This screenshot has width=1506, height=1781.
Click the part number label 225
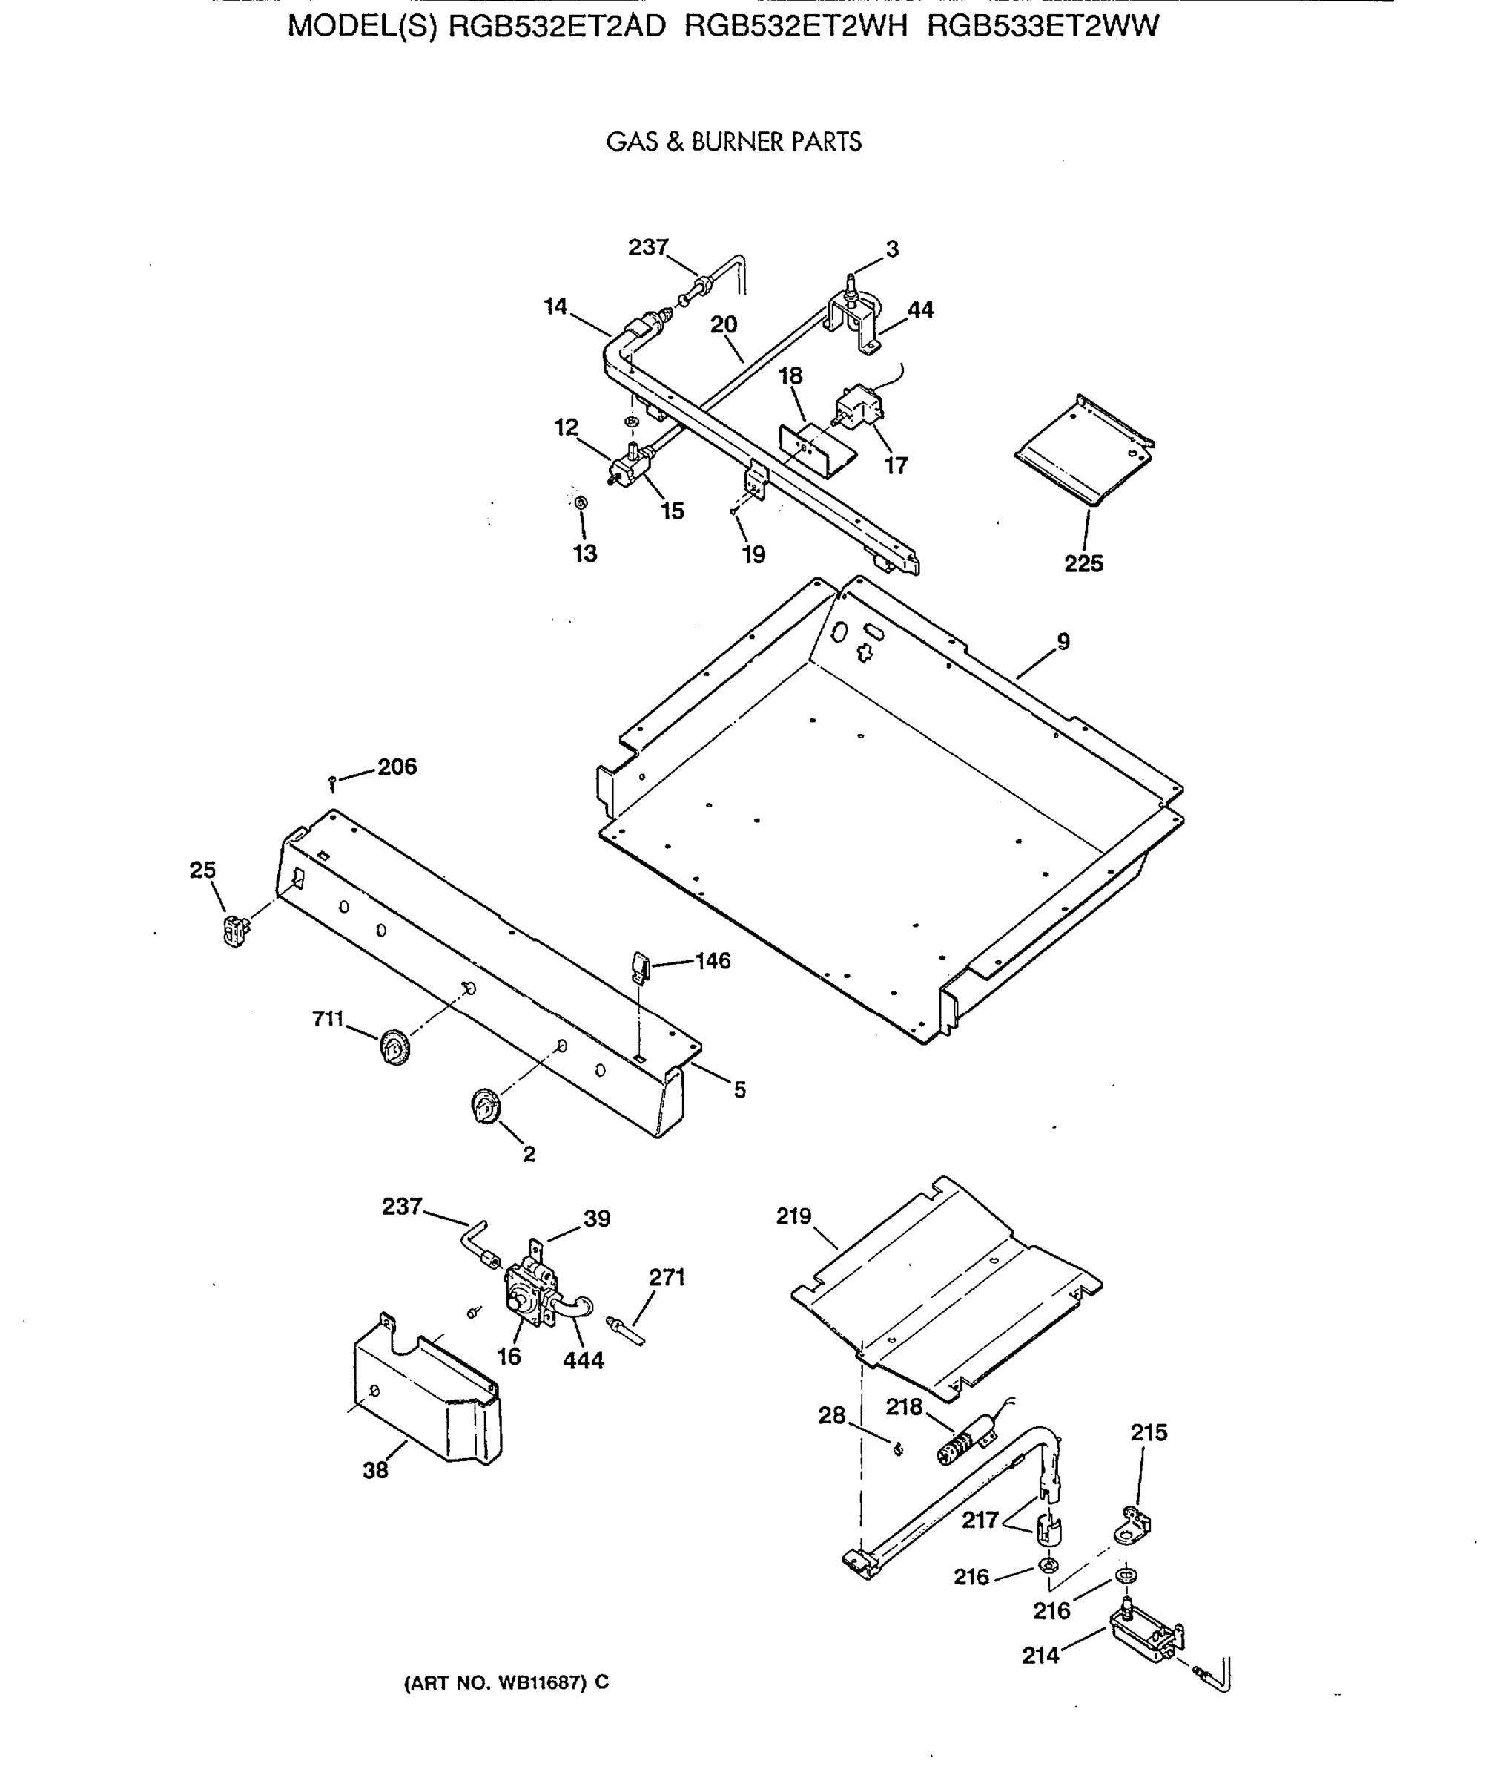tap(1083, 564)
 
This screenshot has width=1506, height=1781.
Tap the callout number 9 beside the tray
tap(1063, 641)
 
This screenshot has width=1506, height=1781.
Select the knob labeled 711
tap(394, 1047)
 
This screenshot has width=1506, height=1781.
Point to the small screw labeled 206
tap(332, 781)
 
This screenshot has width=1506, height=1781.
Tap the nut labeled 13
tap(581, 502)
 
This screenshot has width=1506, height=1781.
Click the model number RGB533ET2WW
tap(1043, 27)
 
